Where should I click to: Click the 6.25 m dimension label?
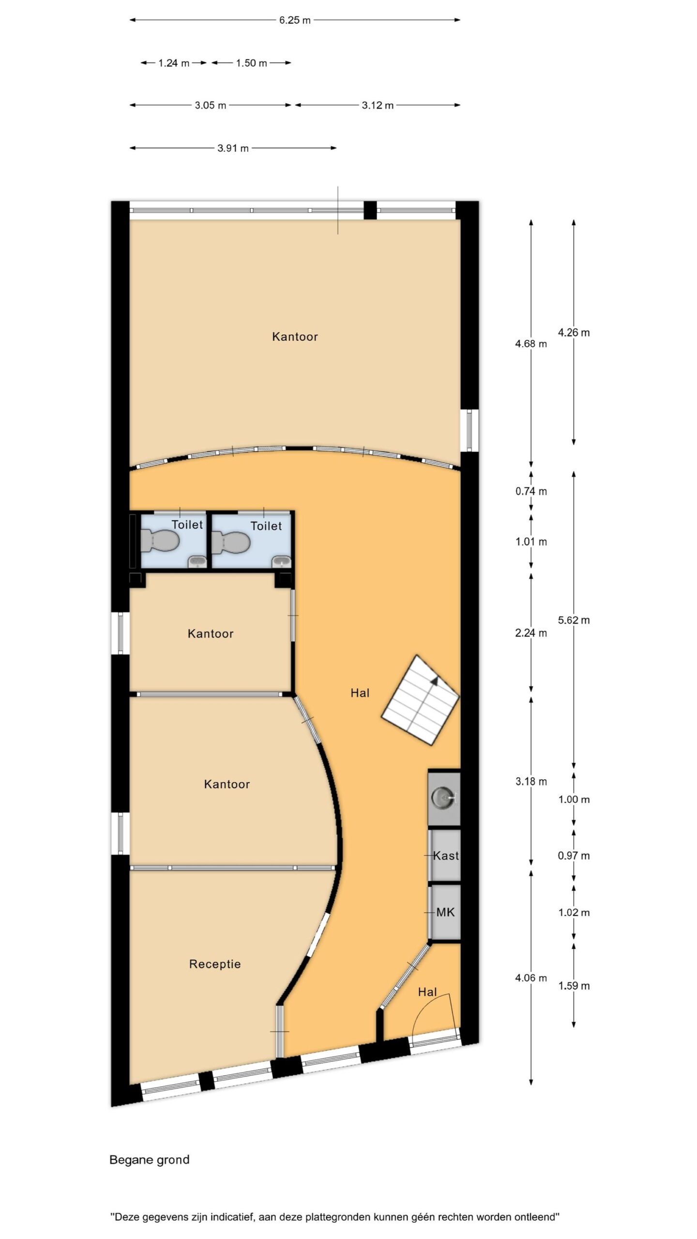295,20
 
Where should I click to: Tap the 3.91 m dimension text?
233,148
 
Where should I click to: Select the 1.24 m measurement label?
174,63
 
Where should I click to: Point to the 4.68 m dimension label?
531,344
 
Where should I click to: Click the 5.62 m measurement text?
574,620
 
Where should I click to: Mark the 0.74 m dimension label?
531,491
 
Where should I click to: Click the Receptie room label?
215,964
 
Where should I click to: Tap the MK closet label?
445,912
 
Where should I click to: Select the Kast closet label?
446,856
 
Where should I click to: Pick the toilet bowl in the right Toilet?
230,542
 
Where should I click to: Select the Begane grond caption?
150,1160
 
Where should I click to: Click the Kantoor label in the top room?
295,337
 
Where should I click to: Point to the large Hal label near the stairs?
360,693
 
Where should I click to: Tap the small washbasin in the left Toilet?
197,562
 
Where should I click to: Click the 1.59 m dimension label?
574,986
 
